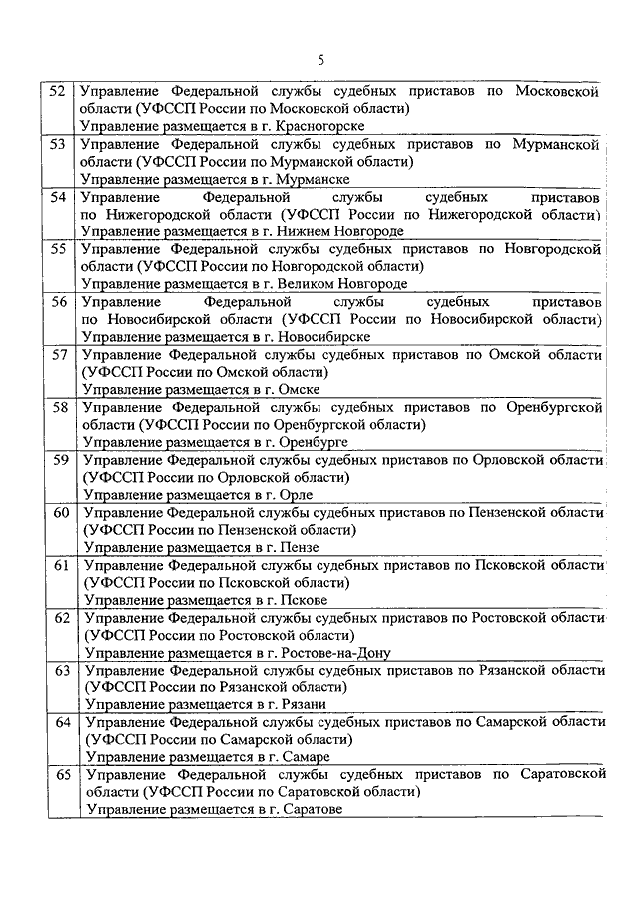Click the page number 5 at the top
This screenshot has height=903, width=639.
[320, 60]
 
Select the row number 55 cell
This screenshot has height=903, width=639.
[59, 248]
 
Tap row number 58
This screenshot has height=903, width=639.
[60, 407]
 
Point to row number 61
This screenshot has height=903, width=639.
[61, 565]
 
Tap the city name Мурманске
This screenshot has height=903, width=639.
[294, 179]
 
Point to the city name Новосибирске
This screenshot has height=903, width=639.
[305, 337]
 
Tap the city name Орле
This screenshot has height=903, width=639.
[275, 495]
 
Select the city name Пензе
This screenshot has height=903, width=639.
[280, 547]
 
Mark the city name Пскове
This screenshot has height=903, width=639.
[283, 600]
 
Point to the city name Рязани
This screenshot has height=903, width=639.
[284, 705]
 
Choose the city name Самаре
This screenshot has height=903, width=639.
[285, 757]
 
